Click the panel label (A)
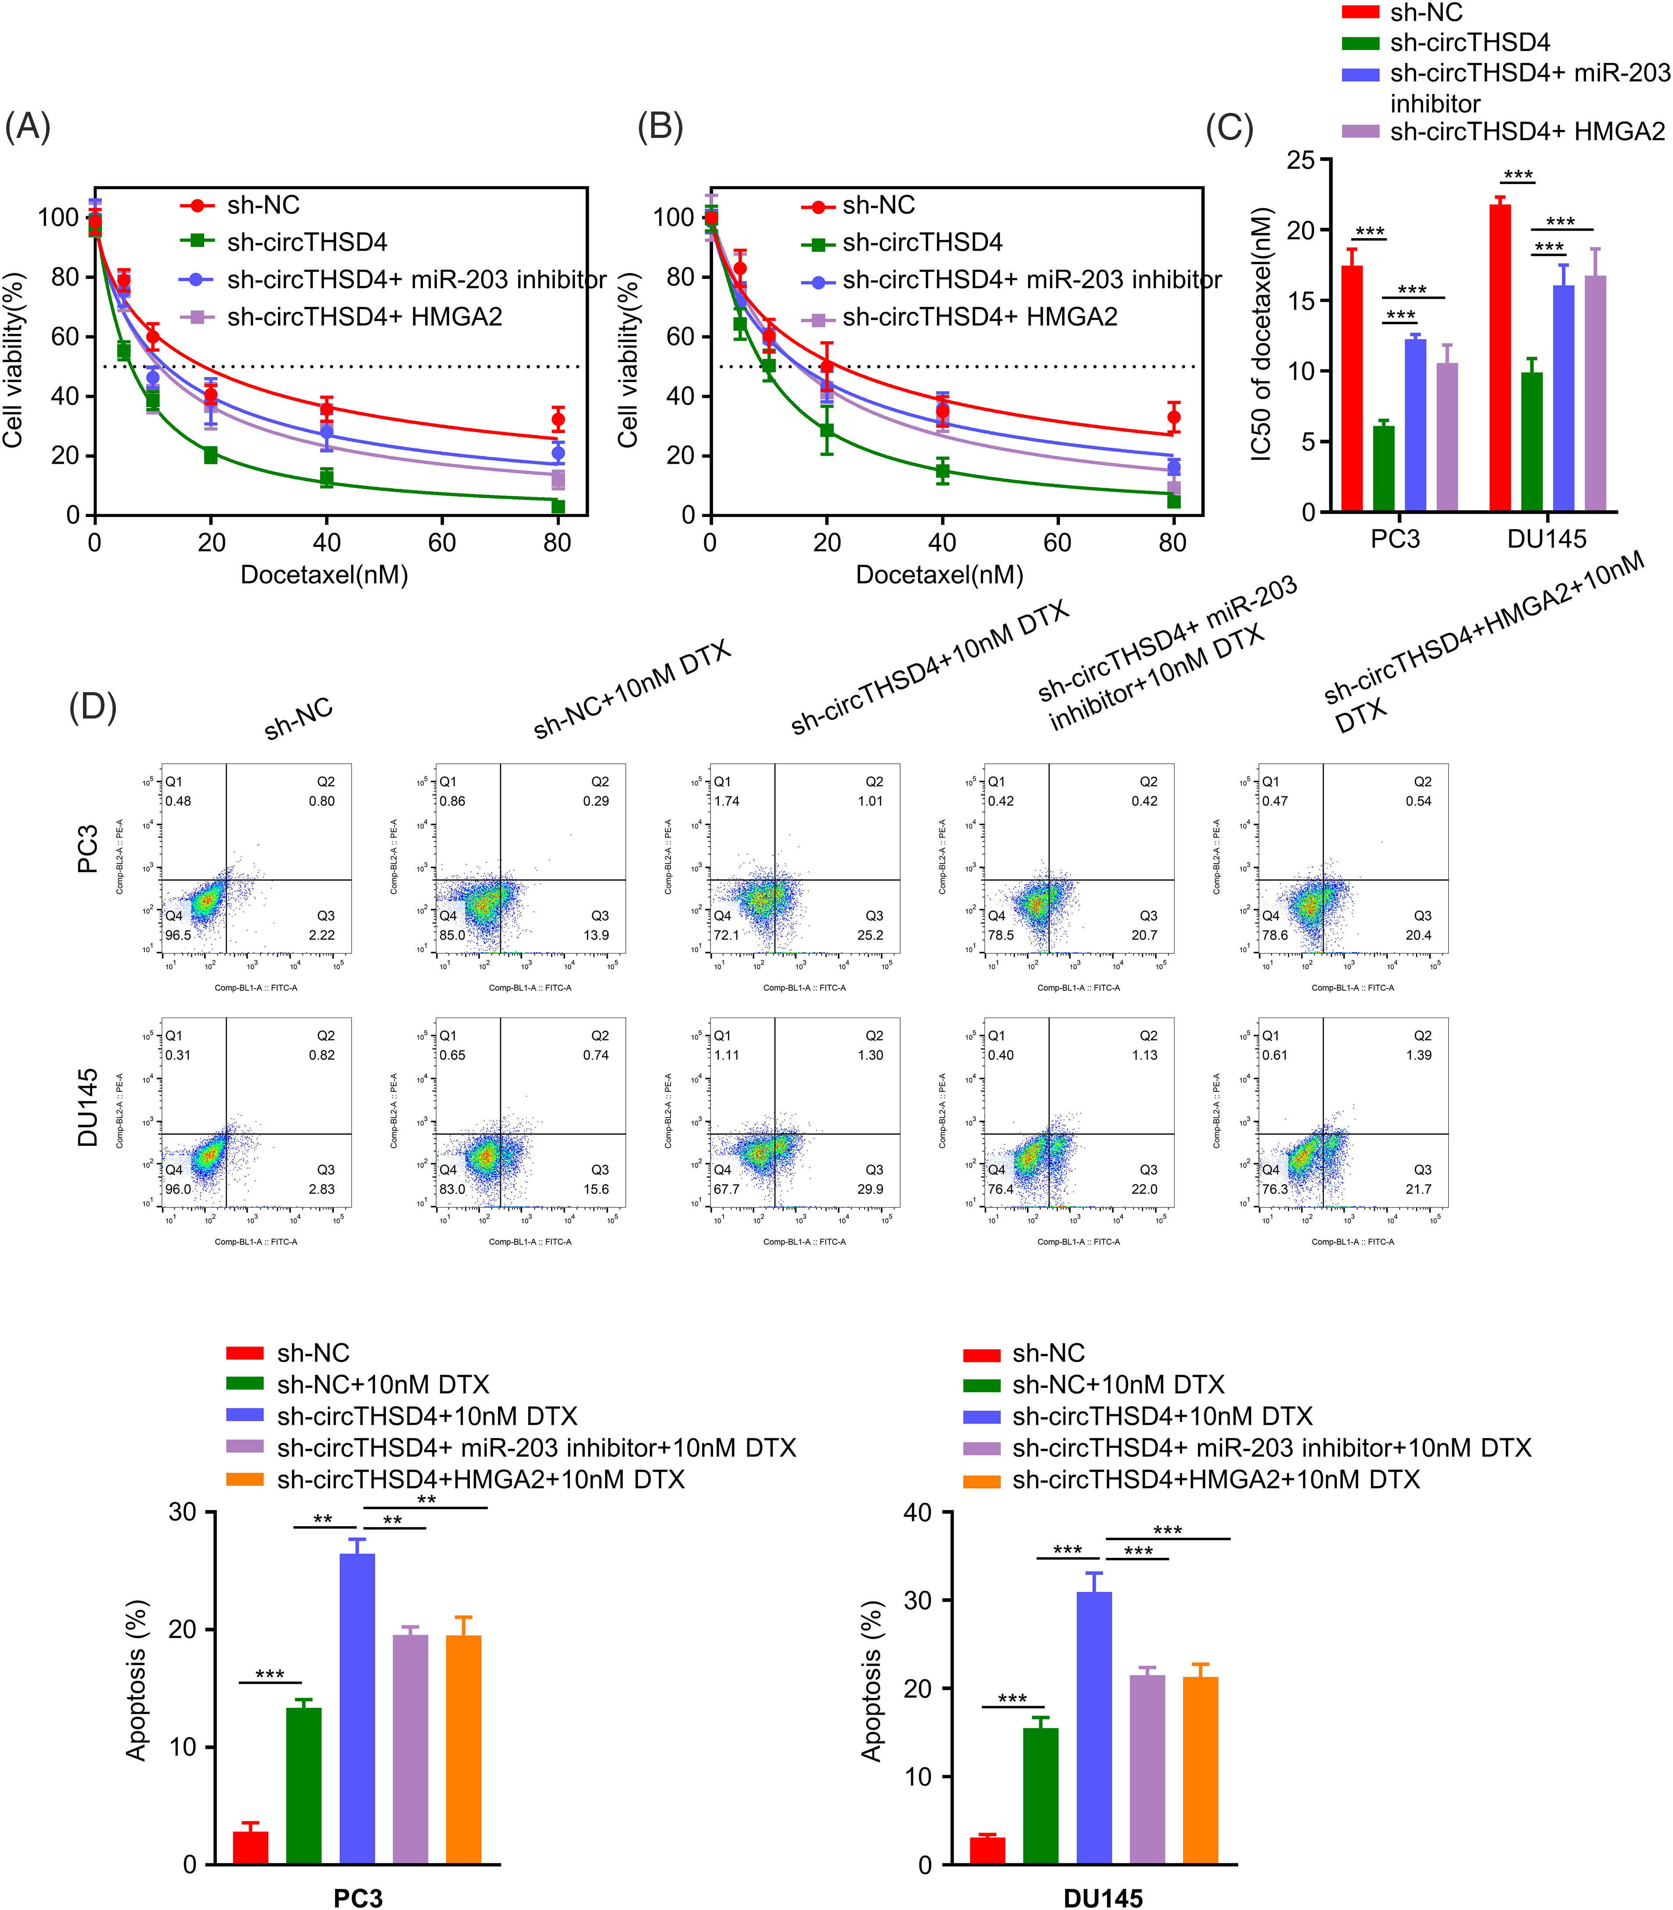pyautogui.click(x=28, y=126)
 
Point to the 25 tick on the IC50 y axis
pyautogui.click(x=1301, y=161)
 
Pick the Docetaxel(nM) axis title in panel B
pyautogui.click(x=939, y=575)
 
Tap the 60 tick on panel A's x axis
pyautogui.click(x=442, y=542)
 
